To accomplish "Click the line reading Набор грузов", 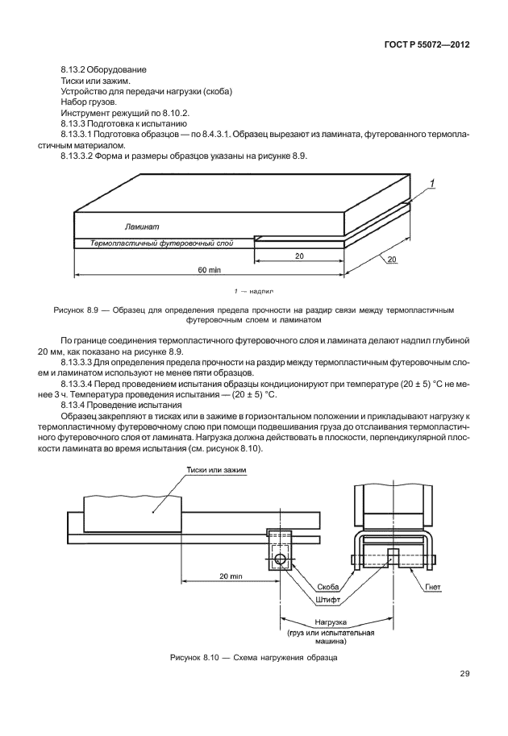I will coord(86,102).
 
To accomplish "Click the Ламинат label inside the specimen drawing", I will coord(142,228).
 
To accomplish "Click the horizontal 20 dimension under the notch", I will coord(298,255).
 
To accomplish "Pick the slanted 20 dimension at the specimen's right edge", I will coord(391,260).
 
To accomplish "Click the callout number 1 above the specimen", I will coord(433,184).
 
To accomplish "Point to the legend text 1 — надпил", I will coord(253,288).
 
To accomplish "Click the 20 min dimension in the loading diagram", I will coord(230,576).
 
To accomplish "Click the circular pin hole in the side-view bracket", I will coord(280,558).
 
